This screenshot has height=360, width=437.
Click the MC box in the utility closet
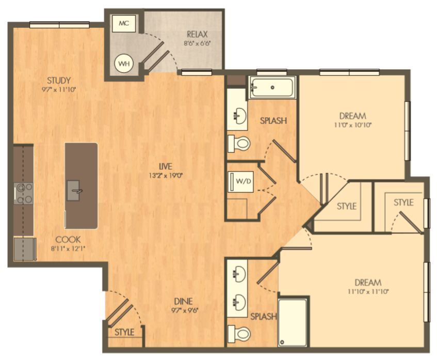[x=123, y=24]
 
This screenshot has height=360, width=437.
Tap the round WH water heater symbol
[x=124, y=64]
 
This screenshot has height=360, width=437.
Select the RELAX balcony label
[x=197, y=35]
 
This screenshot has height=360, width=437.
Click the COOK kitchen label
[x=68, y=240]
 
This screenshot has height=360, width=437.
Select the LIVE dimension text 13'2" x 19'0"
[x=165, y=175]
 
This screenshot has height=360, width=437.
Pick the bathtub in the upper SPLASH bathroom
[x=272, y=88]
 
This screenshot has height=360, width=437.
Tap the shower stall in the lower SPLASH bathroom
[x=292, y=321]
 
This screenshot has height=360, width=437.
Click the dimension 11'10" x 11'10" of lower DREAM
[x=368, y=291]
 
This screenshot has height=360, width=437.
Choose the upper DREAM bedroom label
[x=353, y=116]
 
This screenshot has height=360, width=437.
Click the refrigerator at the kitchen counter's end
[x=24, y=249]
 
